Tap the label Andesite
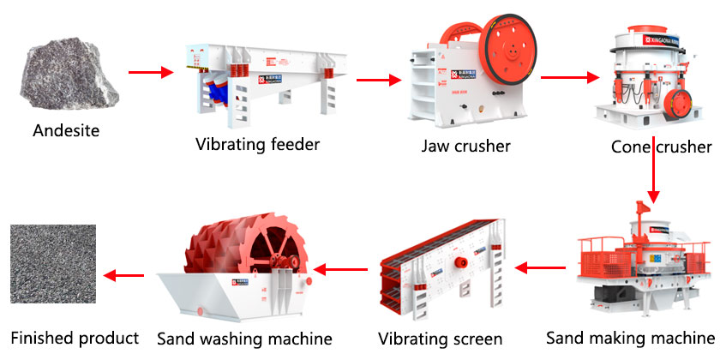67,132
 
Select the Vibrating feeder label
257,144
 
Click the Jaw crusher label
465,146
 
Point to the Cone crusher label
661,147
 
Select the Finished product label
75,338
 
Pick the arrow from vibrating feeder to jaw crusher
378,81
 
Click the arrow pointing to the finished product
123,275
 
